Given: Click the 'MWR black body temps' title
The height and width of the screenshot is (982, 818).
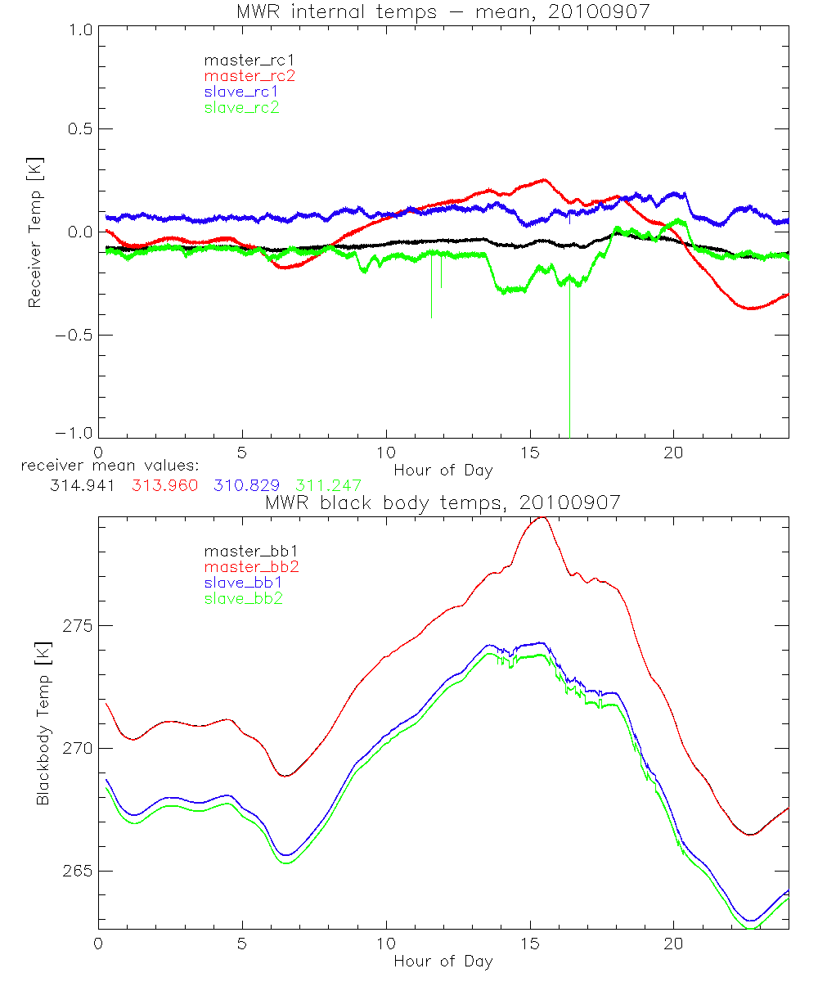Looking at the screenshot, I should [x=443, y=502].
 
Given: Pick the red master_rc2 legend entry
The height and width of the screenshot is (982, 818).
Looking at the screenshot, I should [x=249, y=76].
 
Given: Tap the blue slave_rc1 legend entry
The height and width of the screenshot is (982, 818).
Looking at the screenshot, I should [x=242, y=92].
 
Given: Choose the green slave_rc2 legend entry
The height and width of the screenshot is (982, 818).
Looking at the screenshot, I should [x=242, y=107].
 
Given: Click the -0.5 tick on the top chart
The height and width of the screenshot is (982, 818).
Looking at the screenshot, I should [x=74, y=336].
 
